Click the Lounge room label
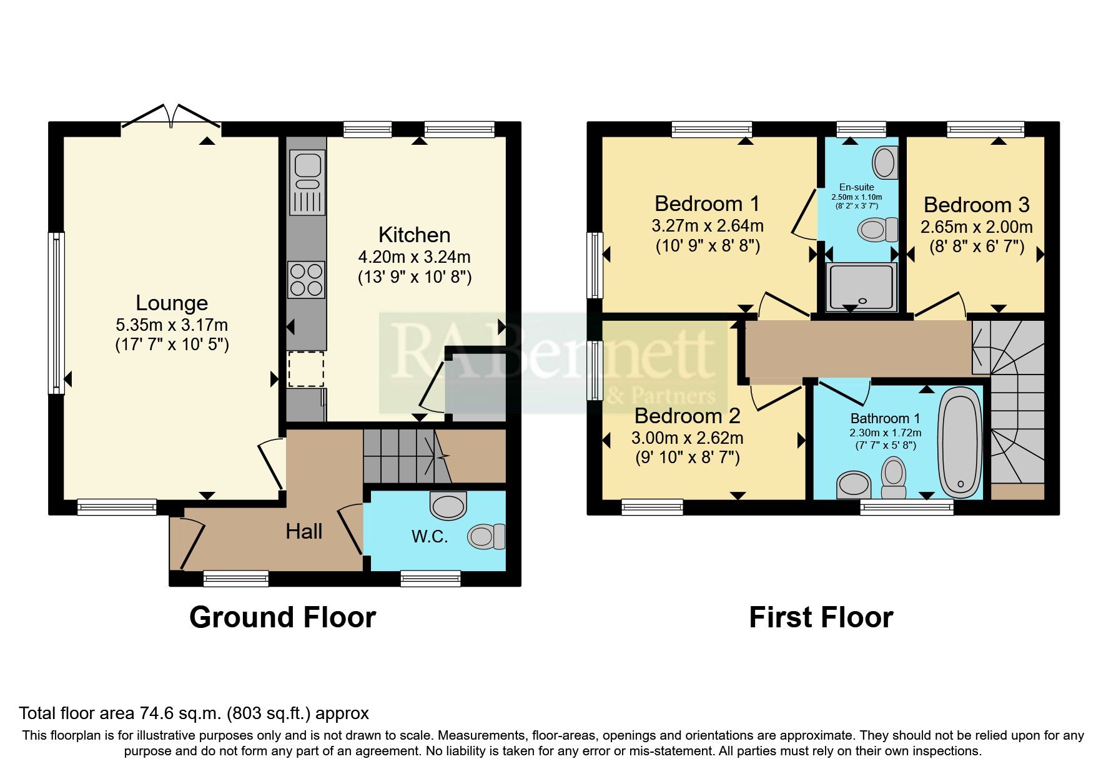coord(172,303)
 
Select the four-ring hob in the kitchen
coord(306,279)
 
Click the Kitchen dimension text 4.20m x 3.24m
coord(414,257)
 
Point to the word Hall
coord(304,532)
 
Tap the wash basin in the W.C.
coord(448,505)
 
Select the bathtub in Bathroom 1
coord(960,440)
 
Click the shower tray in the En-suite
coord(861,287)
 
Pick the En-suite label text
coord(856,187)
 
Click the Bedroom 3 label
coord(976,205)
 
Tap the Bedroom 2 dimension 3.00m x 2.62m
coord(687,438)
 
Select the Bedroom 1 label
coord(707,203)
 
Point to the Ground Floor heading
coord(282,617)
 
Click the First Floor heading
coord(821,617)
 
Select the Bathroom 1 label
coord(885,418)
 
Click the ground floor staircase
coord(400,456)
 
